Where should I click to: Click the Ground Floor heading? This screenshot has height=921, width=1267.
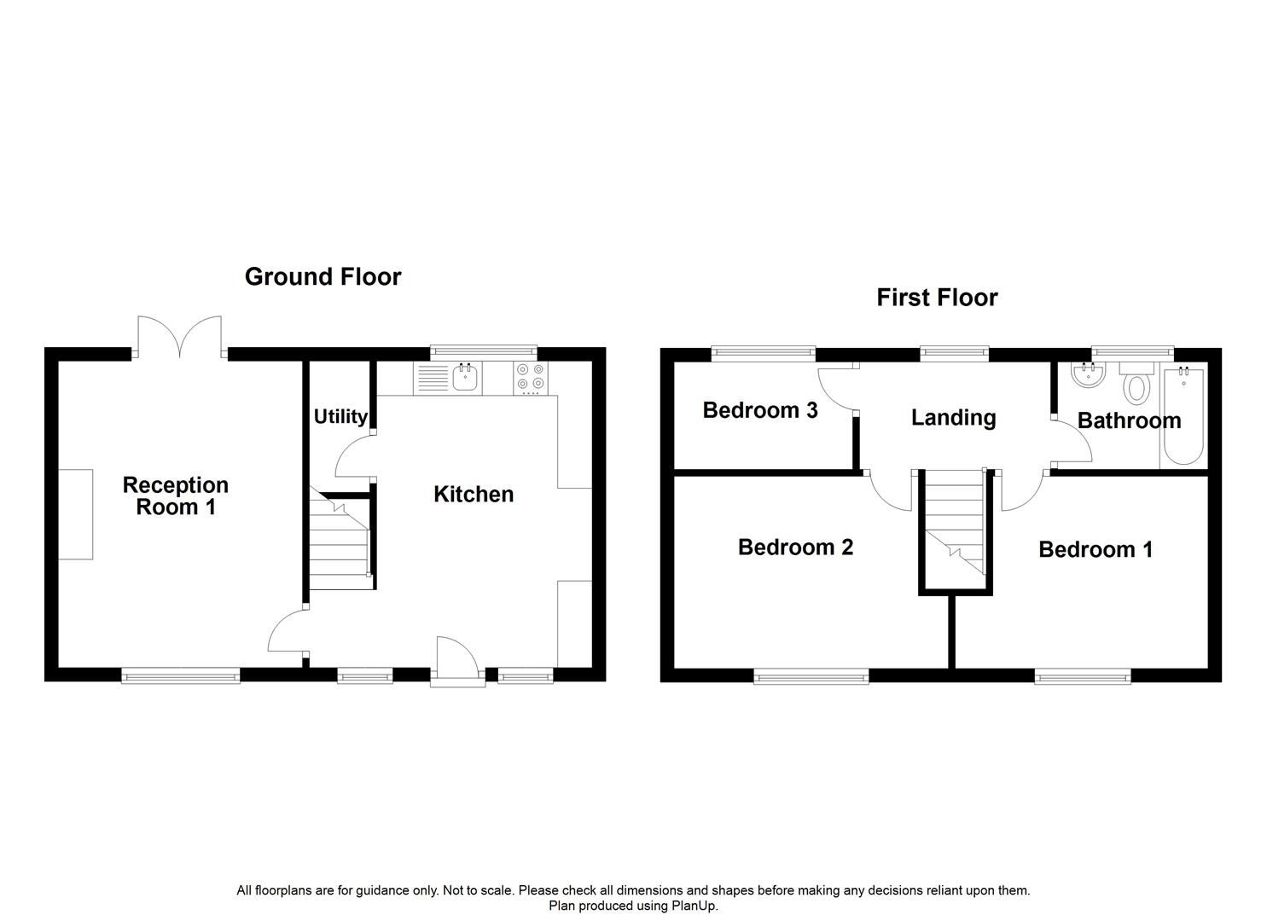[x=323, y=276]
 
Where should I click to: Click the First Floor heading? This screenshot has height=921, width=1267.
[x=937, y=297]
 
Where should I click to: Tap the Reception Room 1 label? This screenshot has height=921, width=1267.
[x=176, y=495]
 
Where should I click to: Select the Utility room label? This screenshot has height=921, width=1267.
[x=340, y=416]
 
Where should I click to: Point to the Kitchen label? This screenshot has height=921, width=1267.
[x=474, y=494]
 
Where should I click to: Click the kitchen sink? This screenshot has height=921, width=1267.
[x=465, y=378]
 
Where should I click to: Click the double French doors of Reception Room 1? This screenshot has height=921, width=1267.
[x=180, y=338]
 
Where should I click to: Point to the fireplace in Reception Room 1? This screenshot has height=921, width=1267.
[x=75, y=514]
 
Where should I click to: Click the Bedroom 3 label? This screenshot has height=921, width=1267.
[x=759, y=410]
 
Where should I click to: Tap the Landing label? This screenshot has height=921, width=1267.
[x=953, y=417]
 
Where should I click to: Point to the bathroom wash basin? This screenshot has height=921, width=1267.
[x=1086, y=374]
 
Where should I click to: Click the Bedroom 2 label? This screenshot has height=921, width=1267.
[x=795, y=547]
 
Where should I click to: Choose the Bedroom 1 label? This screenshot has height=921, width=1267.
[x=1096, y=549]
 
